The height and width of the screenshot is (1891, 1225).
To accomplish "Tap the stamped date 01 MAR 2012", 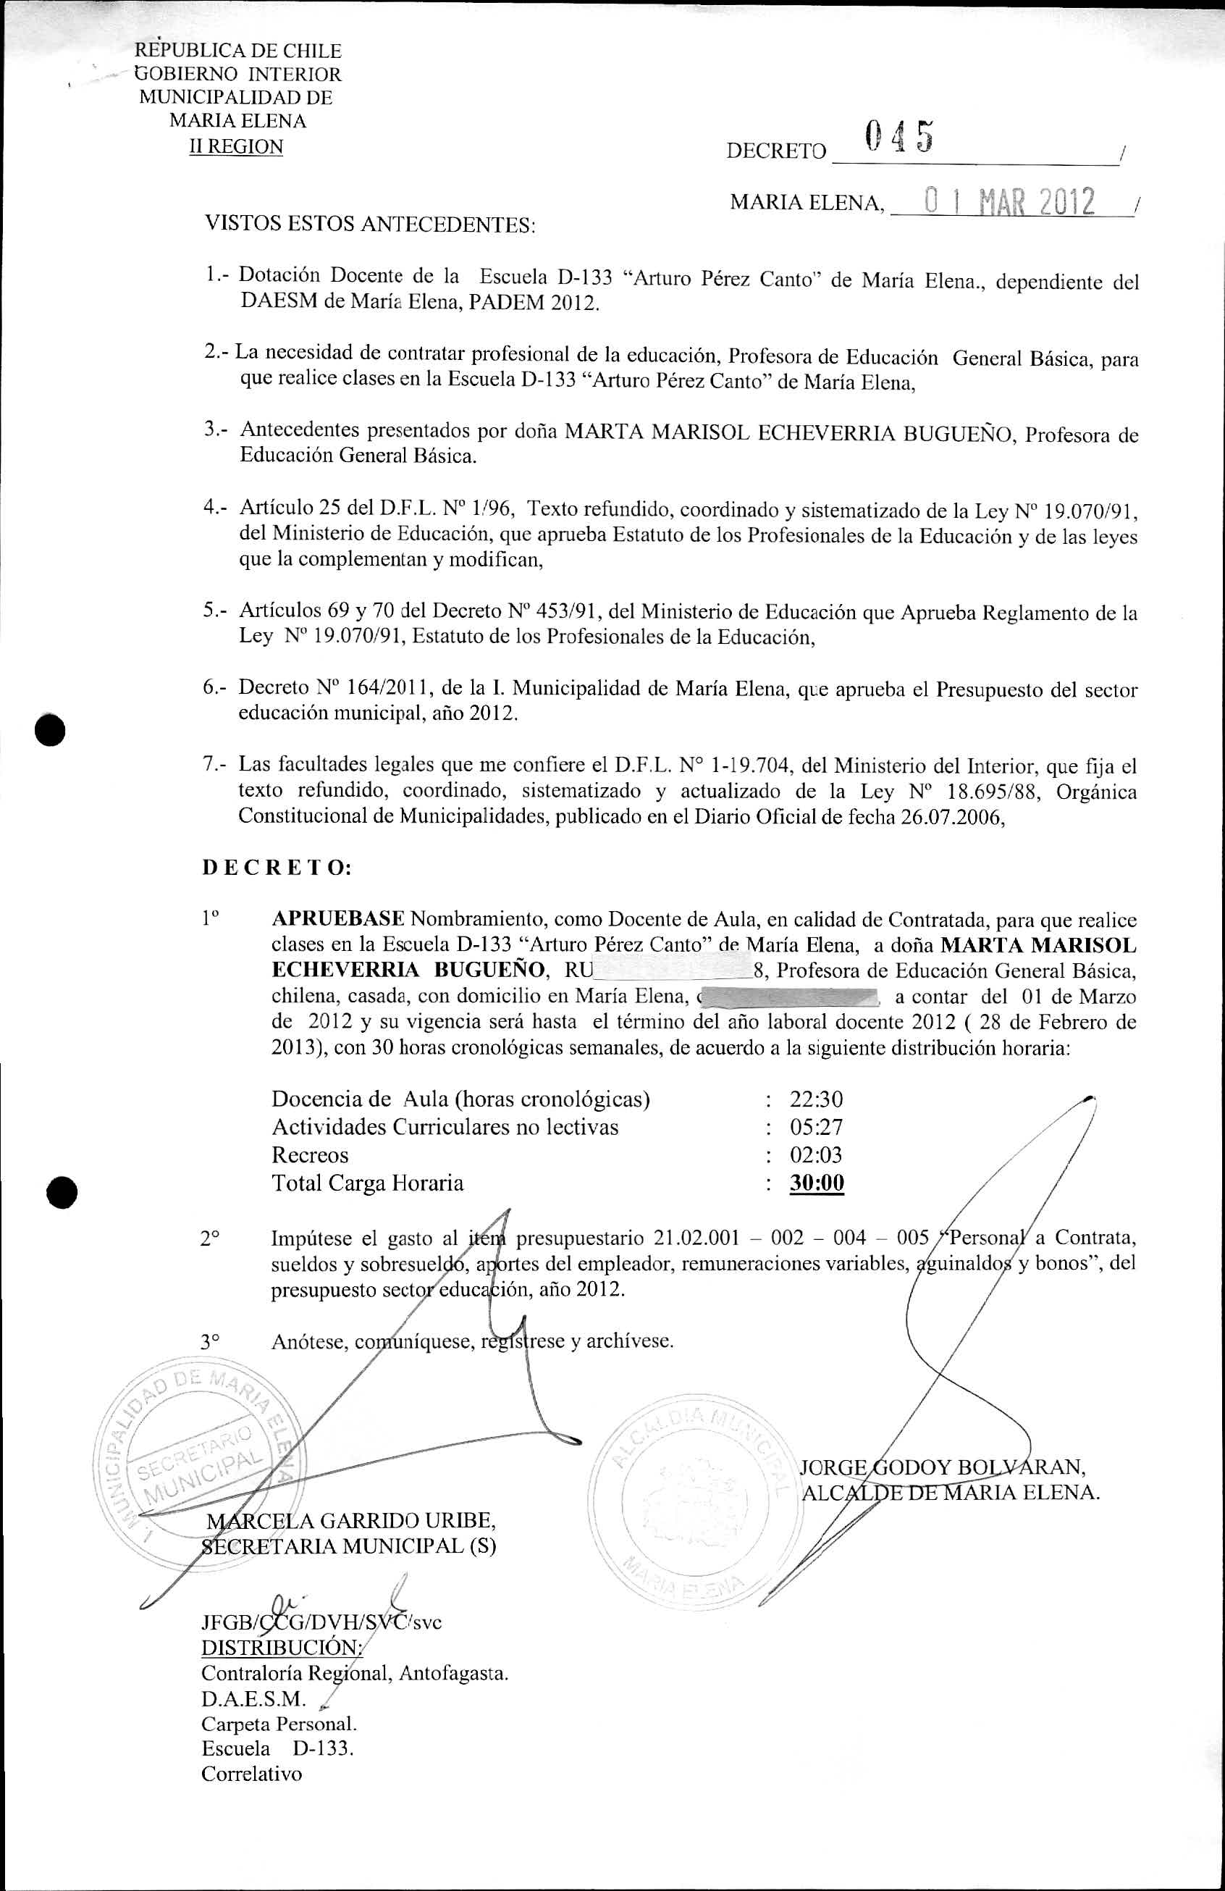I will point(1002,203).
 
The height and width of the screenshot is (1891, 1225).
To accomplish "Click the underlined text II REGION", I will point(235,147).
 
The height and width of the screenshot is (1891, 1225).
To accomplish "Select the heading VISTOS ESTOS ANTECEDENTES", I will point(370,225).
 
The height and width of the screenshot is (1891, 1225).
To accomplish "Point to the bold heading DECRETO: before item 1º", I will point(277,868).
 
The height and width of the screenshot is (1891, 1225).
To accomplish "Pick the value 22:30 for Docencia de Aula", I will point(816,1099).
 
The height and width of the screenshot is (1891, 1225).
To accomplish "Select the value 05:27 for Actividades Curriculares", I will point(816,1127).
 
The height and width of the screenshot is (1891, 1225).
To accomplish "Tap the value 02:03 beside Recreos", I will point(816,1154).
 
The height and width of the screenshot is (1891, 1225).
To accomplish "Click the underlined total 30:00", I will point(817,1183).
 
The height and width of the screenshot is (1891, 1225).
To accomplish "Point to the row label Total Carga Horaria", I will point(367,1183).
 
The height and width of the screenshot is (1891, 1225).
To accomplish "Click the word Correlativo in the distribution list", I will point(252,1774).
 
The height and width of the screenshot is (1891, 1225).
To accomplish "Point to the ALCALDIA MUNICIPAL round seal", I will point(689,1493).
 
